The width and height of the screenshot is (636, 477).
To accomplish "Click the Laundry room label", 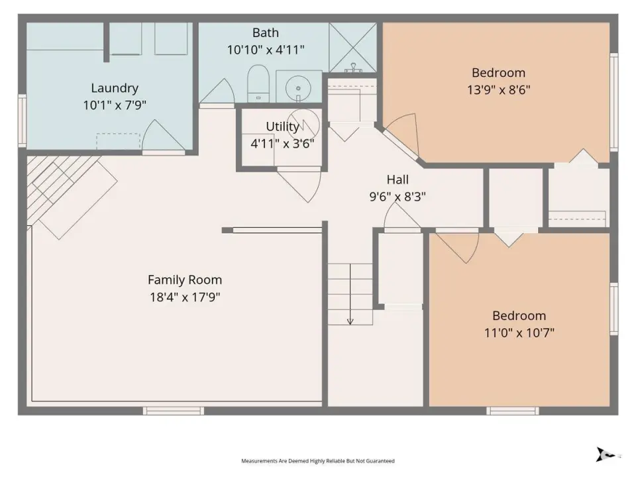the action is coord(115,88).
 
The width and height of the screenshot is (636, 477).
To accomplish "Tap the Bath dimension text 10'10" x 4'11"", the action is coord(266,50).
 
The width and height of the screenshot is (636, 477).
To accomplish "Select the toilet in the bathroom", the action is coord(258,83).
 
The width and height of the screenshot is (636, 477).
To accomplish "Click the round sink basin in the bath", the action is coord(298,88).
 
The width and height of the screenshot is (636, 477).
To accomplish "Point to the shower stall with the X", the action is coord(353,48).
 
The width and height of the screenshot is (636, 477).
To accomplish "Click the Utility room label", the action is coord(282,127).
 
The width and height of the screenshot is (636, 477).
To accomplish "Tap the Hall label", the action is coord(397,180).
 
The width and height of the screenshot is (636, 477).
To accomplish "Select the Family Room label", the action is coord(185,280).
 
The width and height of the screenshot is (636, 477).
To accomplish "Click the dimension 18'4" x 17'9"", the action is coord(185,297).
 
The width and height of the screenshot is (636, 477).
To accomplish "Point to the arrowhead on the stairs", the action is coord(350,322).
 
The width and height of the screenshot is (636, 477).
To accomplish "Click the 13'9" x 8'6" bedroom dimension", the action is coord(498,89).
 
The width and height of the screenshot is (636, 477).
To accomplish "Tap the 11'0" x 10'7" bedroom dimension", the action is coord(519,333).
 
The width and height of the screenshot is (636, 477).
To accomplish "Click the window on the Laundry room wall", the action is coord(23,121).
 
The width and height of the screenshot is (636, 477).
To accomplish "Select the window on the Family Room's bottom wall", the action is coord(173,411).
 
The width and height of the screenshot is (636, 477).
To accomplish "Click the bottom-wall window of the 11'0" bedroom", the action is coord(513,411).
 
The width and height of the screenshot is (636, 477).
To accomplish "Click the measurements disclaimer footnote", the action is coord(318,461).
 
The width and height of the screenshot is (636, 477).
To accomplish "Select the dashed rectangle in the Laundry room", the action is coord(118,141).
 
